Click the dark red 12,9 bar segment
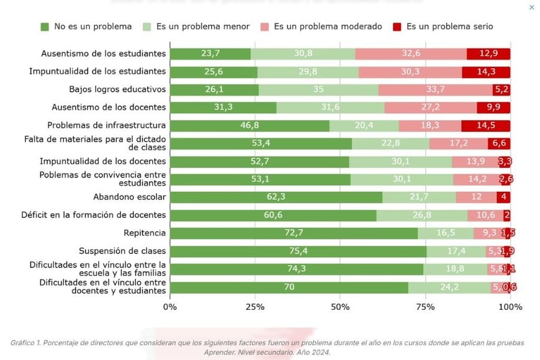coord(488,54)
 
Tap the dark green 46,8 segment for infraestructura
coord(250,126)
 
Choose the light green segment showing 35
coord(318,90)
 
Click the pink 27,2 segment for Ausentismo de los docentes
coord(430,108)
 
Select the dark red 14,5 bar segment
coord(486,126)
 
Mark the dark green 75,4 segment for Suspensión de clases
coord(298,251)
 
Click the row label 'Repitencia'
coord(145,233)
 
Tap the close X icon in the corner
coord(531,7)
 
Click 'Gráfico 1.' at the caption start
coord(28,343)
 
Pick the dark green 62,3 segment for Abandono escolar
coord(276,197)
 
